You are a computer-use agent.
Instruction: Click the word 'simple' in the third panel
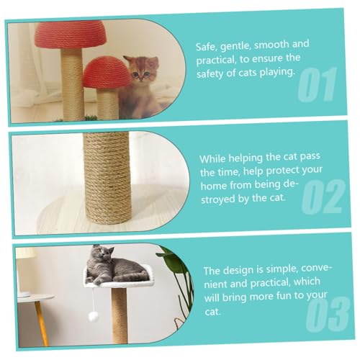click(272, 271)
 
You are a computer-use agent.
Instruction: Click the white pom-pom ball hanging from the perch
click(93, 317)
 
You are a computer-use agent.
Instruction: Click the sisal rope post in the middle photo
click(107, 176)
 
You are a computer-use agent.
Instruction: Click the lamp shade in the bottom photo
click(25, 253)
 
